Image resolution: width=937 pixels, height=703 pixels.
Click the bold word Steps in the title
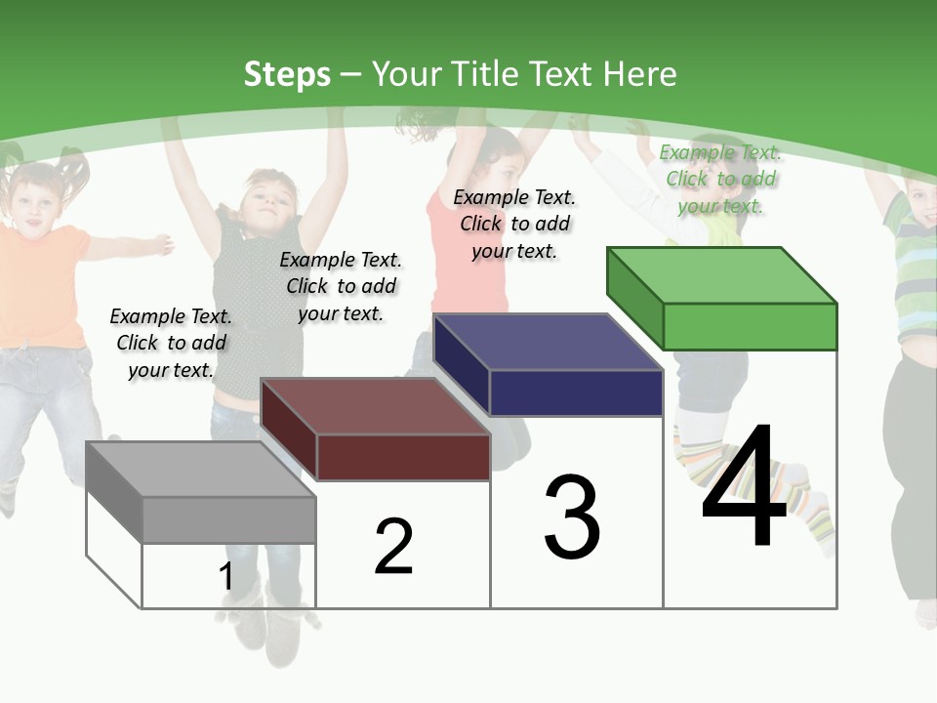pyautogui.click(x=287, y=74)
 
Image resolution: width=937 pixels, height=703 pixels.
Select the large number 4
pyautogui.click(x=744, y=488)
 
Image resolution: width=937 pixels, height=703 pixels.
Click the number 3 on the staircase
pyautogui.click(x=572, y=518)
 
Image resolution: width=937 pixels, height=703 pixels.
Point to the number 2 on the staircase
pyautogui.click(x=393, y=547)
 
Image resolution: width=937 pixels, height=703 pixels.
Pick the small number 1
pyautogui.click(x=225, y=577)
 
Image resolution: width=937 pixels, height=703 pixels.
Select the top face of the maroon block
pyautogui.click(x=375, y=406)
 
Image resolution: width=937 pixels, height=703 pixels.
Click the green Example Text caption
pyautogui.click(x=720, y=179)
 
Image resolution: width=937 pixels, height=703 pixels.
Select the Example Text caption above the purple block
pyautogui.click(x=514, y=224)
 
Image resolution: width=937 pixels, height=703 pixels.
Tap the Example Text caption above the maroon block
pyautogui.click(x=341, y=286)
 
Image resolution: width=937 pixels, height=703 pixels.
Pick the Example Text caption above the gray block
pyautogui.click(x=171, y=343)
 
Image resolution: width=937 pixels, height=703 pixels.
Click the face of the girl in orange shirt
pyautogui.click(x=32, y=201)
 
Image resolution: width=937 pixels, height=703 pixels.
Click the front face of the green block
pyautogui.click(x=750, y=326)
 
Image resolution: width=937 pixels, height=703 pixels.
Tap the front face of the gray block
pyautogui.click(x=228, y=519)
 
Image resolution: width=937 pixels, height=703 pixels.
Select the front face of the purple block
pyautogui.click(x=576, y=393)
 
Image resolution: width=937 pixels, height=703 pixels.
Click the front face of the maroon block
pyautogui.click(x=402, y=457)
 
